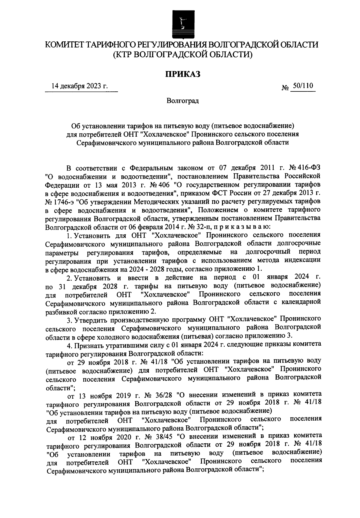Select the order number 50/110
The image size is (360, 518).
coord(303,86)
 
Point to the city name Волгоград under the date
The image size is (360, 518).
coord(183,101)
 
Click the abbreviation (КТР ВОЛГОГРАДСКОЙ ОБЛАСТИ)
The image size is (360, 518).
coord(182,55)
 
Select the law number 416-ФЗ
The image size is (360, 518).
coord(312,167)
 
